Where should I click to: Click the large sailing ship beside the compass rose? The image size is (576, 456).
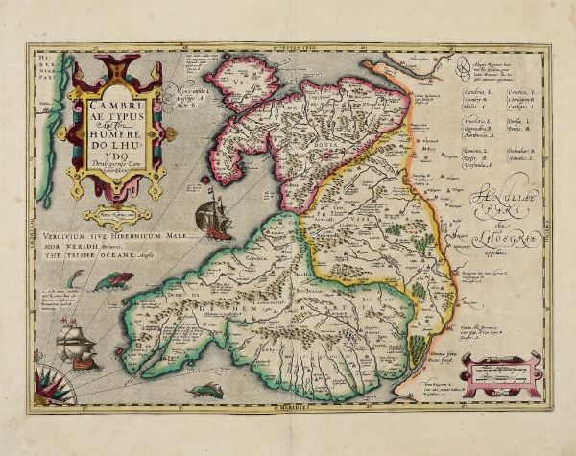(x=76, y=347)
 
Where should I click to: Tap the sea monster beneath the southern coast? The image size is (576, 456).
(x=209, y=389)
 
